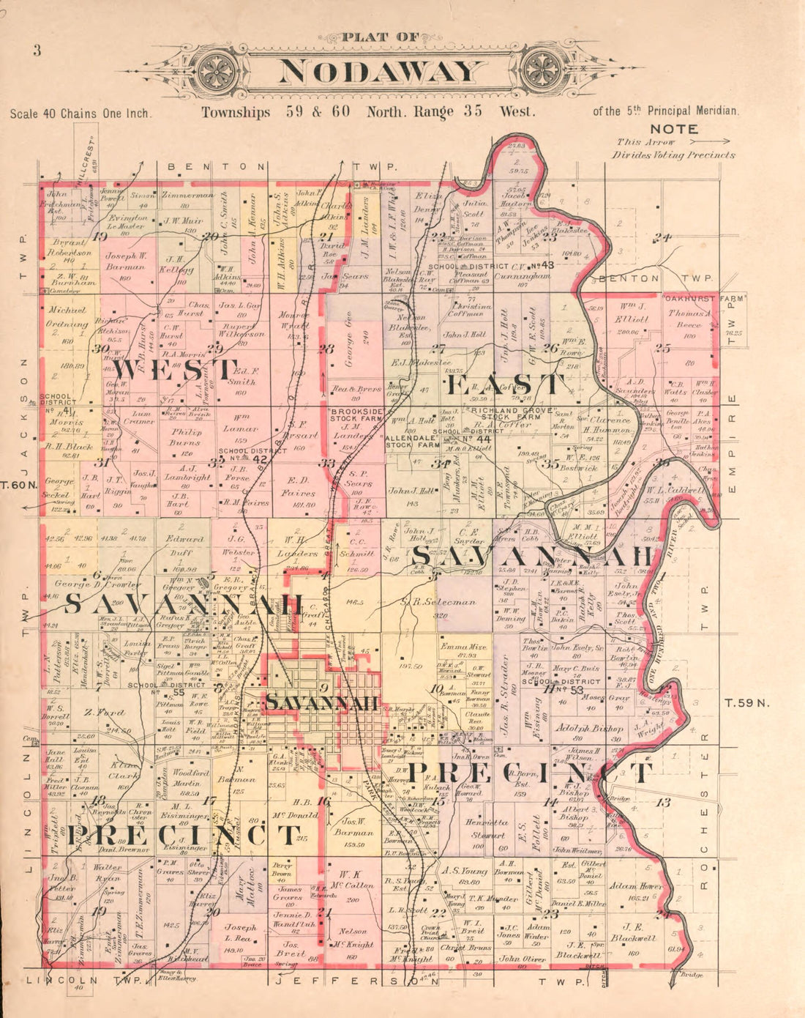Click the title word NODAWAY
pos(381,71)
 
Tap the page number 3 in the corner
pos(36,51)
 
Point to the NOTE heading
pos(678,129)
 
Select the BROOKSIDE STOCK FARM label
pos(356,417)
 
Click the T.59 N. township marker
pos(748,702)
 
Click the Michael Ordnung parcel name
pos(67,317)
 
